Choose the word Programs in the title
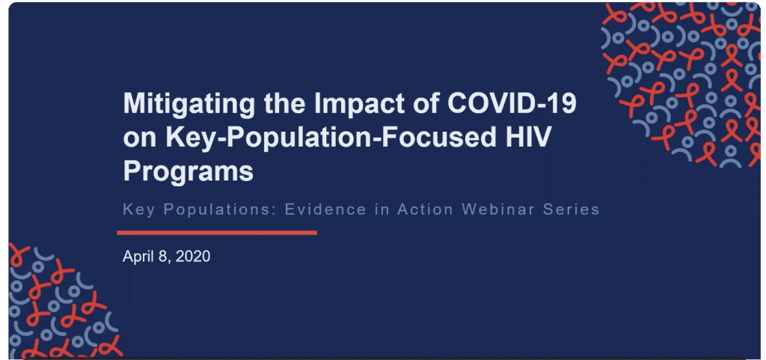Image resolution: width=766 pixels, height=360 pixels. (188, 172)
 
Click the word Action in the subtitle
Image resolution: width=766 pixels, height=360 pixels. (425, 210)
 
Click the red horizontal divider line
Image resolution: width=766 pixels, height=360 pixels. (217, 233)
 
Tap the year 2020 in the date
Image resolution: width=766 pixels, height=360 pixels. (192, 257)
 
